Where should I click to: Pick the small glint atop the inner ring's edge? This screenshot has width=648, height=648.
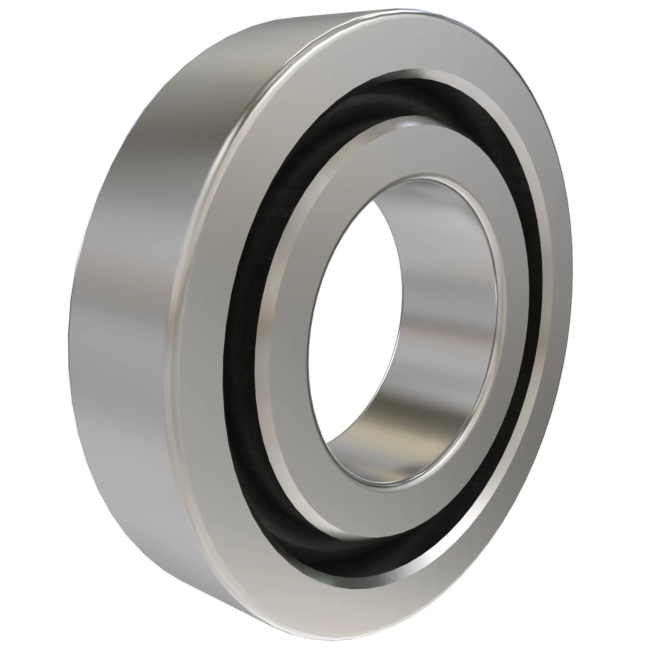[x=408, y=124]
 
